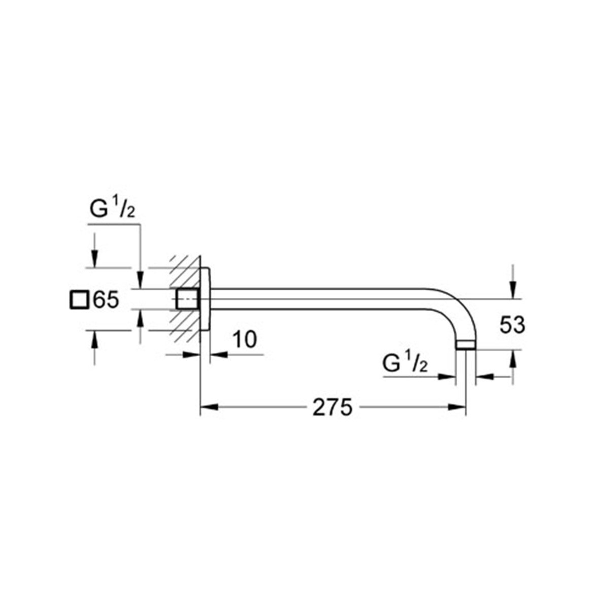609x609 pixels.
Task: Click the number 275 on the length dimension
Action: pos(332,407)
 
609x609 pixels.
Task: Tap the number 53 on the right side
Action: pos(512,325)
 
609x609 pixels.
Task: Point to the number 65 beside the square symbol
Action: pos(106,300)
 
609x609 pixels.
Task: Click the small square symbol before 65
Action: pos(79,300)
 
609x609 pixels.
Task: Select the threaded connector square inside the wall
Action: pos(187,299)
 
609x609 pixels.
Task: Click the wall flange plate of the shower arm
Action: pos(205,299)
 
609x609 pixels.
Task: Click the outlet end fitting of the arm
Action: pos(465,345)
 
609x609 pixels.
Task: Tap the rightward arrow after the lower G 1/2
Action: pos(447,376)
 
